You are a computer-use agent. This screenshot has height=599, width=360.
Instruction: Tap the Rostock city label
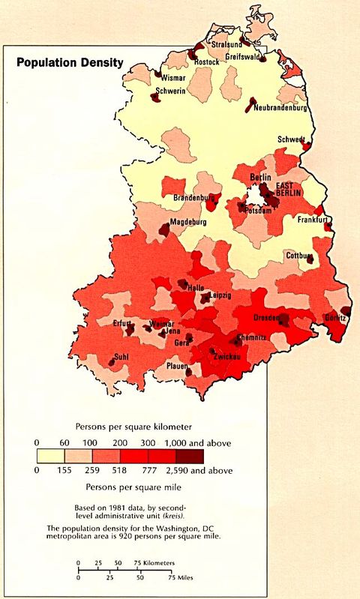click(207, 62)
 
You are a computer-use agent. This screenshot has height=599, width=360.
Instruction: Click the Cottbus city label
click(298, 256)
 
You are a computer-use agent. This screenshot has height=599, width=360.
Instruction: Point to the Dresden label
click(268, 317)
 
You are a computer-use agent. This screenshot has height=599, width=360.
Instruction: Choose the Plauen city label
click(178, 366)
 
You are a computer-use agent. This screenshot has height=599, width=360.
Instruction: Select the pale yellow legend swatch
click(49, 455)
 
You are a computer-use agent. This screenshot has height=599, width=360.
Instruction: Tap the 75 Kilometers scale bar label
click(155, 562)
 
